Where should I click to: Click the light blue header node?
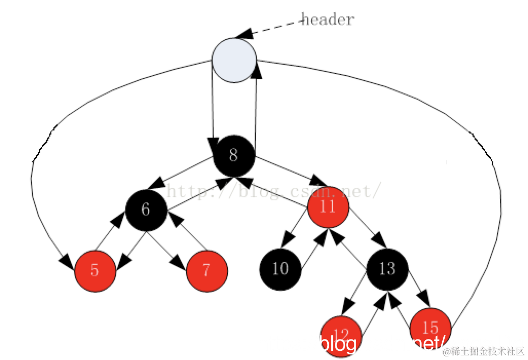(234, 60)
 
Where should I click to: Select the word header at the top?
(327, 20)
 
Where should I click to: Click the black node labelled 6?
(146, 210)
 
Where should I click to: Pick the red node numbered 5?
(95, 271)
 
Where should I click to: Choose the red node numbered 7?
(207, 271)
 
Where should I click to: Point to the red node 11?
(328, 207)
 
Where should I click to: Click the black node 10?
(280, 269)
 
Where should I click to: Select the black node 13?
(387, 269)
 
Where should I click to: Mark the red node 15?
(430, 328)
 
